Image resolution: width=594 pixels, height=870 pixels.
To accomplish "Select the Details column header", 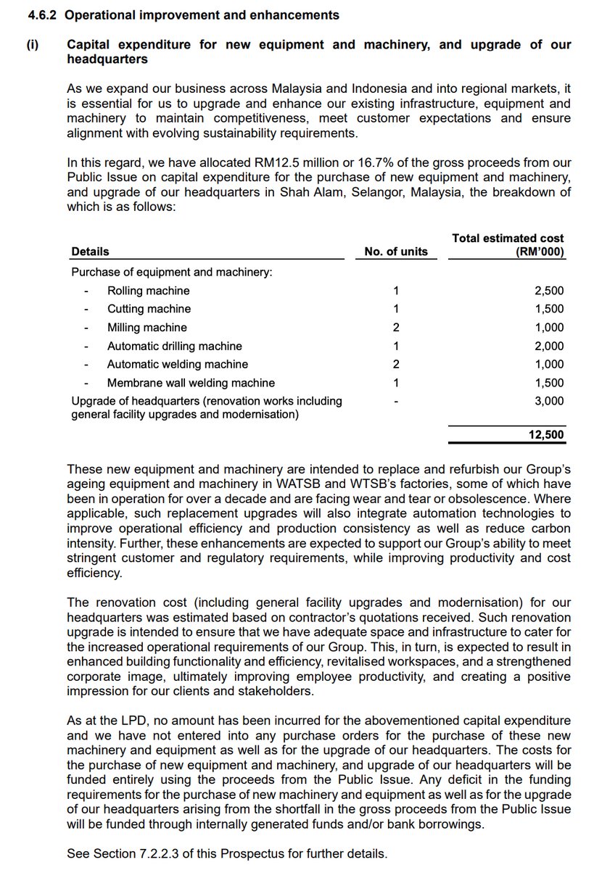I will click(x=90, y=252).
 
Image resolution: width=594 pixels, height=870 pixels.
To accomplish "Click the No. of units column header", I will click(x=396, y=252).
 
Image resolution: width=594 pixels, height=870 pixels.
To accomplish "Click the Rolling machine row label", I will click(x=148, y=291).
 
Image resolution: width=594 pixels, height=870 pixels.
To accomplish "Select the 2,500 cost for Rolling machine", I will click(x=549, y=291).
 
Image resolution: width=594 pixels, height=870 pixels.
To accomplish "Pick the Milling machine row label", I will click(x=147, y=328).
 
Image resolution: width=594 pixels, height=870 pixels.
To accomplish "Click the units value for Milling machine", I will click(x=396, y=328).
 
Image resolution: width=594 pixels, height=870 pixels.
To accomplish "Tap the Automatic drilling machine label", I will click(x=174, y=347).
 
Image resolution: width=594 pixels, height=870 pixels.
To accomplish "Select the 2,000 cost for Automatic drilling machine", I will click(x=549, y=347).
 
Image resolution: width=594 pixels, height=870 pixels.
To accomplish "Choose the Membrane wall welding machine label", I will click(x=191, y=383).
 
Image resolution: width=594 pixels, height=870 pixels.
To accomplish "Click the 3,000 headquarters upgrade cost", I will click(x=549, y=401).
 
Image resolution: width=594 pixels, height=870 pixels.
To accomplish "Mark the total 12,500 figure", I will click(x=546, y=435).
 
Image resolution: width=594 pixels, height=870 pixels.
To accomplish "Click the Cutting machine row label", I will click(x=149, y=309).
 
